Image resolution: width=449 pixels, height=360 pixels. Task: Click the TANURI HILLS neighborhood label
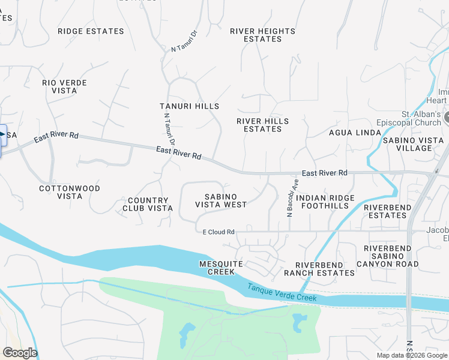189,106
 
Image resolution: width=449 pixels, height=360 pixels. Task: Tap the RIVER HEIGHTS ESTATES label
263,35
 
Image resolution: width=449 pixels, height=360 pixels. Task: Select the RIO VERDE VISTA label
64,86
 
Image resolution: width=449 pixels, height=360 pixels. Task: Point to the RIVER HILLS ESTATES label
262,125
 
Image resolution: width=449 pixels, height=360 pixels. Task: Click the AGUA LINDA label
355,133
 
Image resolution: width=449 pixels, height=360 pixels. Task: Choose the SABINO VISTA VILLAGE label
414,144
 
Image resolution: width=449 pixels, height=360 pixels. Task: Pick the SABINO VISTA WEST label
220,200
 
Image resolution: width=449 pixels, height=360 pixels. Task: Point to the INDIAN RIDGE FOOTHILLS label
326,202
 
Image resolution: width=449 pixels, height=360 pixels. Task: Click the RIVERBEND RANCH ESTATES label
325,269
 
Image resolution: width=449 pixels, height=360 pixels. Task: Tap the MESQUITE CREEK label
221,268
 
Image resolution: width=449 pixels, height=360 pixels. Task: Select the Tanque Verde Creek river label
282,293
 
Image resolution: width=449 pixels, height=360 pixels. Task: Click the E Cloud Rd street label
214,232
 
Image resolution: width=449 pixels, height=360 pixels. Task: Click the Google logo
20,353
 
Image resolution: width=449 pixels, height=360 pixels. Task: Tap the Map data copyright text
411,355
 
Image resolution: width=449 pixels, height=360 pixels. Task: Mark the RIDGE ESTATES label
91,31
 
